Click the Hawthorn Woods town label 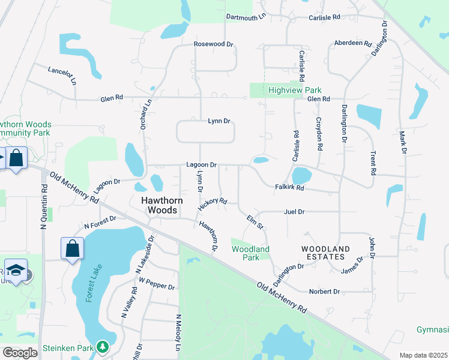159,205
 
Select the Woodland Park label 250,253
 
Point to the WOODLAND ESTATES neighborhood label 325,253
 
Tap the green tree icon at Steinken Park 103,347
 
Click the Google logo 20,353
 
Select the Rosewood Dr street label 213,44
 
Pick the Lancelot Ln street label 62,75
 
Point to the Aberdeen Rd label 352,43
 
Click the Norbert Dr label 325,292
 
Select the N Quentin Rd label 43,206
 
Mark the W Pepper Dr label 157,283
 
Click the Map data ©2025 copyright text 423,355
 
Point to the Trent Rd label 373,163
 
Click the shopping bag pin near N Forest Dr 72,248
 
